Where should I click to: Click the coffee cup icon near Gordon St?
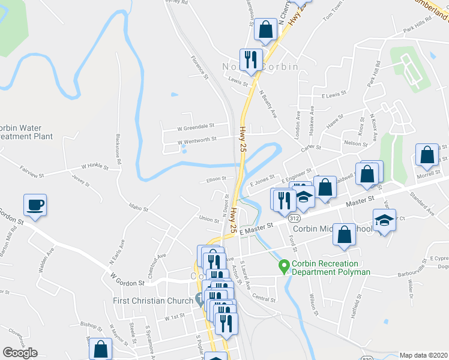point(35,205)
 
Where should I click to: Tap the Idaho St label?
point(138,208)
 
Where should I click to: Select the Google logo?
point(20,353)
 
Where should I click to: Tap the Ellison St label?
point(216,178)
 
